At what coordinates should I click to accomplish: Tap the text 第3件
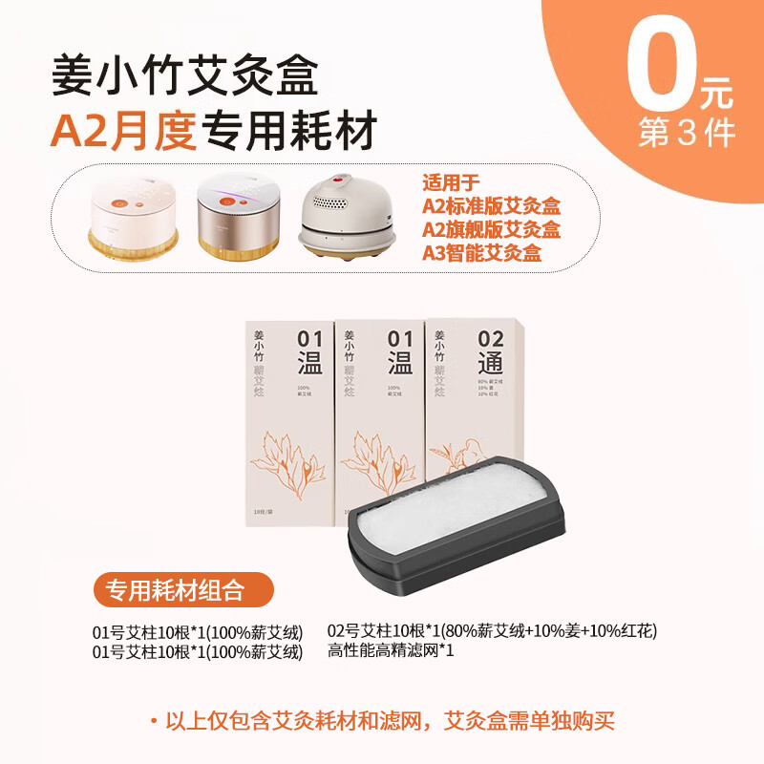pyautogui.click(x=688, y=133)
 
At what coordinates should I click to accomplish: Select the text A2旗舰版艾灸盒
pyautogui.click(x=491, y=230)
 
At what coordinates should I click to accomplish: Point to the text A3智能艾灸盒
pyautogui.click(x=481, y=253)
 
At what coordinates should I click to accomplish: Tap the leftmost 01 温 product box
pyautogui.click(x=287, y=420)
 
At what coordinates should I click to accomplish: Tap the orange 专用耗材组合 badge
pyautogui.click(x=182, y=589)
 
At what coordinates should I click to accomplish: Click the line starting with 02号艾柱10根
pyautogui.click(x=492, y=630)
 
